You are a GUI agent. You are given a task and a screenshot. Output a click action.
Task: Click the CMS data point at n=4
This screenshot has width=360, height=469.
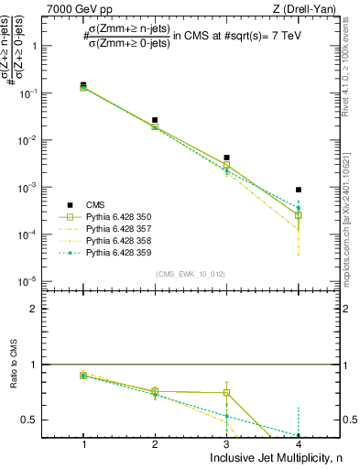click(299, 190)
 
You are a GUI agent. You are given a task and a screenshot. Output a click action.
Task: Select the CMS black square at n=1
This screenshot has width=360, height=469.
click(83, 85)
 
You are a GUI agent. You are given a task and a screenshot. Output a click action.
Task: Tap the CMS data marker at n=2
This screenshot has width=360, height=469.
click(155, 120)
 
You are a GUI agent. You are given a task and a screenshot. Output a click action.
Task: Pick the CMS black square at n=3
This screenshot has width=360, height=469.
click(226, 158)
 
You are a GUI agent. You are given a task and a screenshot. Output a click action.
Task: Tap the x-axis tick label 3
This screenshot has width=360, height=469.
click(226, 443)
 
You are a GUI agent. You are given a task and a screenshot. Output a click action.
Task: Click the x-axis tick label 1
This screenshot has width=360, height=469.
click(83, 443)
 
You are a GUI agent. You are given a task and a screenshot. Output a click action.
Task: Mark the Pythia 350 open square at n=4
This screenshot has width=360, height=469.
click(299, 215)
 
